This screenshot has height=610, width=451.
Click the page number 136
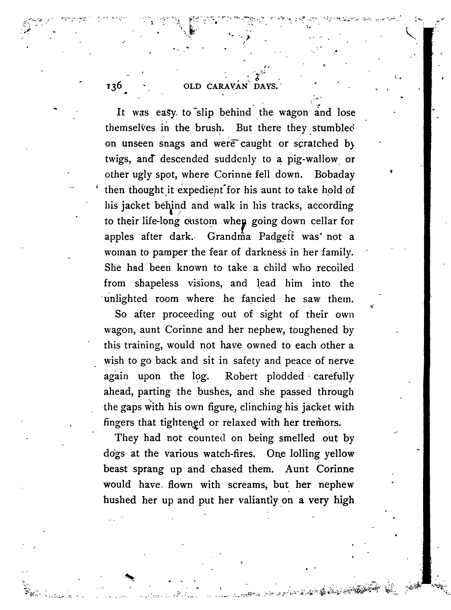point(114,86)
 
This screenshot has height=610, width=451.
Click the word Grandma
point(229,236)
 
